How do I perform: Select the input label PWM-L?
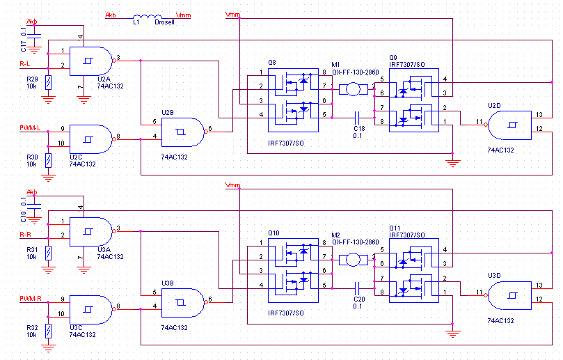[x=30, y=128]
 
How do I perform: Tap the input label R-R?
[x=26, y=235]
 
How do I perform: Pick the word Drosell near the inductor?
[x=164, y=23]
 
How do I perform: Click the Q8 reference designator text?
[x=271, y=62]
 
